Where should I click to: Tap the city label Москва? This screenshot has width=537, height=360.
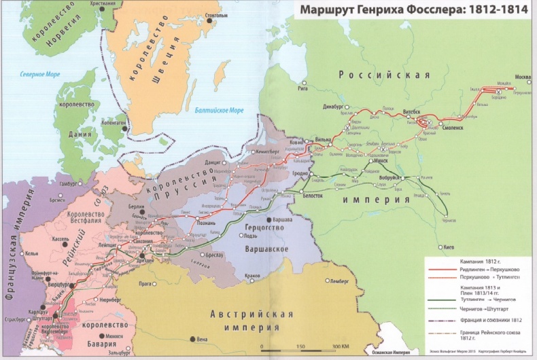click(x=523, y=76)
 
